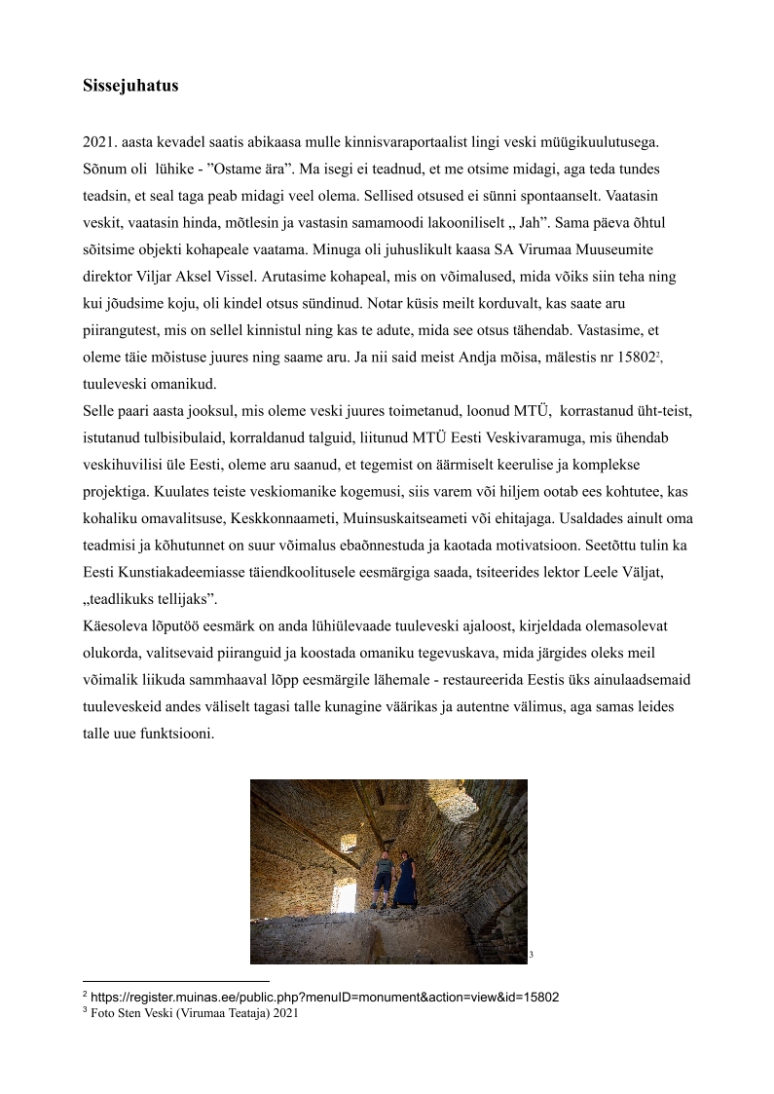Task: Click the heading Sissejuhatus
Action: click(x=130, y=86)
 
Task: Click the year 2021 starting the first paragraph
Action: click(x=99, y=143)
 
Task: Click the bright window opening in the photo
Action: click(x=344, y=893)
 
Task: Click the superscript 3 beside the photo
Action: click(x=531, y=955)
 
